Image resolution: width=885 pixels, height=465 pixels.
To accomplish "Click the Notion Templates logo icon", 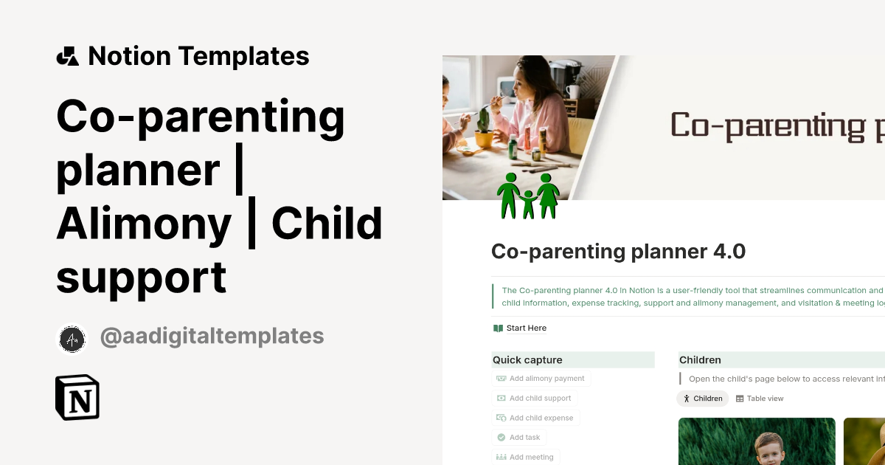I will coord(67,56).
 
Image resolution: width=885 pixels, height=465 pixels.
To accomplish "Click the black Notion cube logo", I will coord(77,398).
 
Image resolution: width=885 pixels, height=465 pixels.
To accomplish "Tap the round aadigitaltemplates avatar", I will coord(72,339).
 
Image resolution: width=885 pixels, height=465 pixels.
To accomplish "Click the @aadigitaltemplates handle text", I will coord(212,337).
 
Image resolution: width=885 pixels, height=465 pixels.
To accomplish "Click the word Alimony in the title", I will coord(144,224).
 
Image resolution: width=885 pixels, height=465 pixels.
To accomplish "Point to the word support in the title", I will coord(141,278).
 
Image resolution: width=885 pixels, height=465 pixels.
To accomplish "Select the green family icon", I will coord(528,196).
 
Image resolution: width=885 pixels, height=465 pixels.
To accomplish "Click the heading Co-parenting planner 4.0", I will coord(618,252).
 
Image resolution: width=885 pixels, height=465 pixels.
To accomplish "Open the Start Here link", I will coord(526,328).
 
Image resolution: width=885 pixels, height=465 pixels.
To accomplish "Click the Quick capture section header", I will coord(527,360).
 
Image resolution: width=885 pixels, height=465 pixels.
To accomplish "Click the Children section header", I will coord(700,360).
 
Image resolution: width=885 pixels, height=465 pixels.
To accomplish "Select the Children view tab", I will coord(702,399).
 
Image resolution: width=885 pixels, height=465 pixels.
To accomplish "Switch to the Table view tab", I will coord(760,399).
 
